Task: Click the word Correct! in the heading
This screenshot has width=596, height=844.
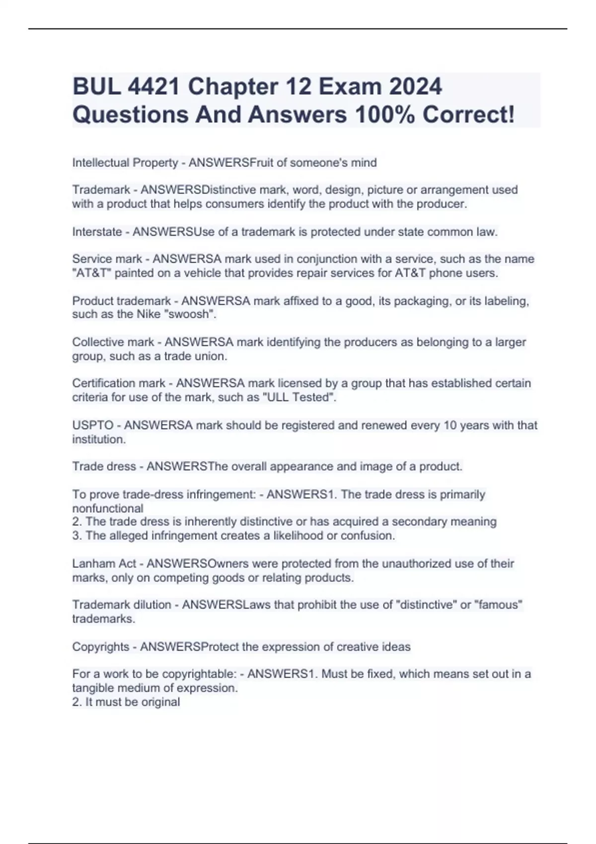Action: [x=468, y=115]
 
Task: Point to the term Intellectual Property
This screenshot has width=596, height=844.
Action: [x=125, y=163]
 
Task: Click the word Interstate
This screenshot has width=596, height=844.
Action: [x=97, y=232]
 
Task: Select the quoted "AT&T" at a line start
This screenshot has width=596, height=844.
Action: [x=91, y=273]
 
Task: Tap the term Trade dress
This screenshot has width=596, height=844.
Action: [x=104, y=467]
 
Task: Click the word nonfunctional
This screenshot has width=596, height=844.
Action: [x=108, y=508]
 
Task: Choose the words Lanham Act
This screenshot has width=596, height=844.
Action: [x=104, y=563]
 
